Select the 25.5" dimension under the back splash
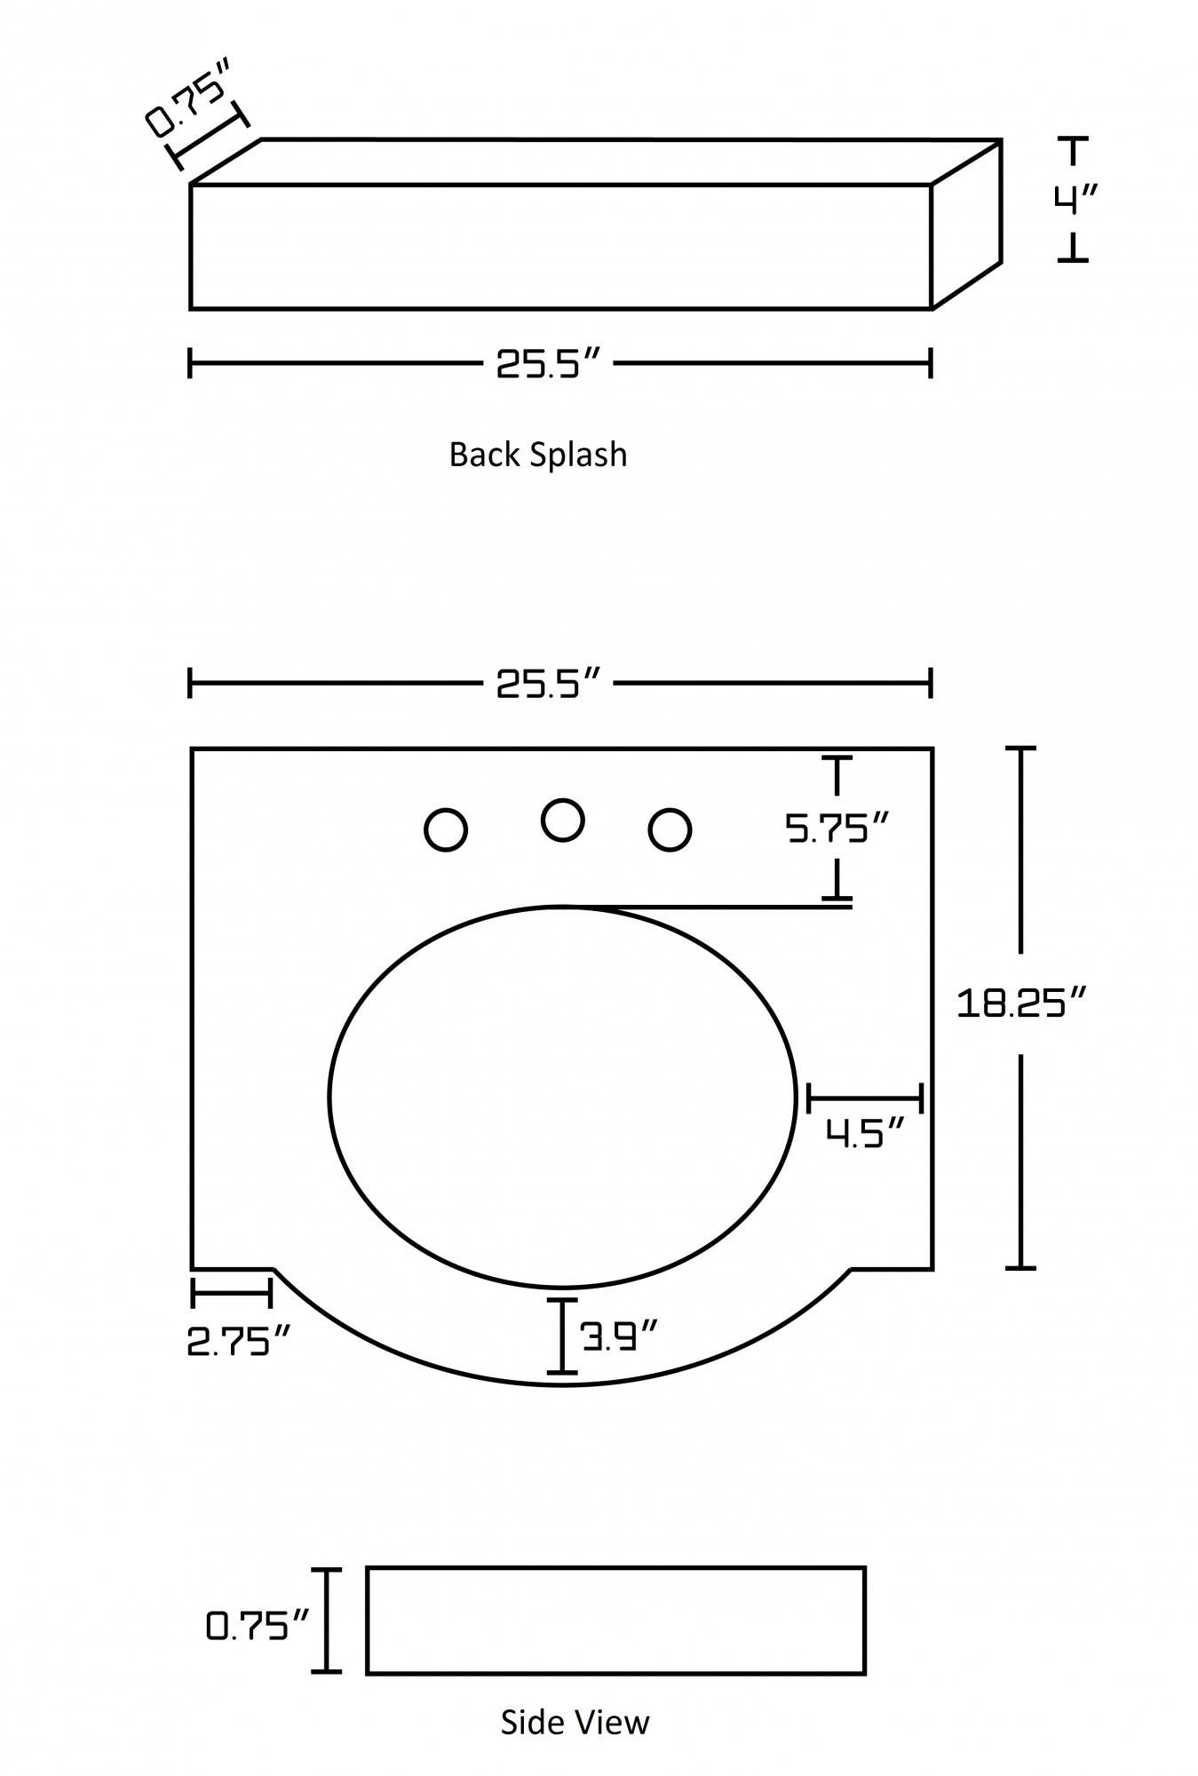pyautogui.click(x=549, y=363)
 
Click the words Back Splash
pyautogui.click(x=538, y=455)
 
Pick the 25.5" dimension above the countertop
pyautogui.click(x=549, y=684)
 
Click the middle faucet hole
pyautogui.click(x=562, y=820)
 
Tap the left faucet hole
pyautogui.click(x=446, y=830)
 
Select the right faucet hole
pyautogui.click(x=670, y=830)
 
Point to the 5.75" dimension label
pyautogui.click(x=837, y=829)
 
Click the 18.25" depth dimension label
pyautogui.click(x=1021, y=1003)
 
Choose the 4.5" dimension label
pyautogui.click(x=865, y=1133)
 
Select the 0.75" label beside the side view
pyautogui.click(x=258, y=1626)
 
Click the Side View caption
pyautogui.click(x=575, y=1722)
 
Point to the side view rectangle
pyautogui.click(x=615, y=1621)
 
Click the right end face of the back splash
pyautogui.click(x=966, y=224)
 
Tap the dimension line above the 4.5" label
pyautogui.click(x=865, y=1098)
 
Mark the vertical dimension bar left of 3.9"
pyautogui.click(x=561, y=1336)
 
